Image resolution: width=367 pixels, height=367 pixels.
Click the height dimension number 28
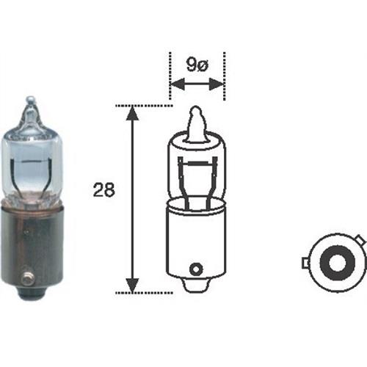(103, 191)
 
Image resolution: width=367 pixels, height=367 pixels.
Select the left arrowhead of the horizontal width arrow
(175, 84)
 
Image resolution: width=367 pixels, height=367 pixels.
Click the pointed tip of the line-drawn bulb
(197, 111)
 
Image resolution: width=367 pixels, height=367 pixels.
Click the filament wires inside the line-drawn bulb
(197, 176)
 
